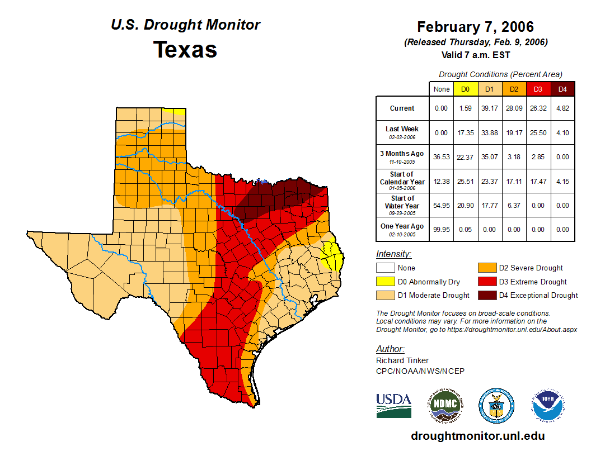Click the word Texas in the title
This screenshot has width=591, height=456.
pyautogui.click(x=185, y=50)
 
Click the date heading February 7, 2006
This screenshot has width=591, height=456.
pyautogui.click(x=475, y=27)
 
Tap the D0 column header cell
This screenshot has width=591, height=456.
pyautogui.click(x=465, y=89)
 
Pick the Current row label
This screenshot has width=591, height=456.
pyautogui.click(x=402, y=108)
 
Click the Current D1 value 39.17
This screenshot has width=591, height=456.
pyautogui.click(x=489, y=108)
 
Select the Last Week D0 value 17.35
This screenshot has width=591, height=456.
pyautogui.click(x=465, y=132)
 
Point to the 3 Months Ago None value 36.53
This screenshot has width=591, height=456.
pyautogui.click(x=441, y=157)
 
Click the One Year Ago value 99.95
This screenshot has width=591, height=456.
pyautogui.click(x=441, y=229)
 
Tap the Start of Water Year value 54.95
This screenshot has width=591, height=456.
pyautogui.click(x=441, y=205)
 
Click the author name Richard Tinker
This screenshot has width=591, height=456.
pyautogui.click(x=402, y=360)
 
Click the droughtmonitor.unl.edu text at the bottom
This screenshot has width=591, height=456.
pyautogui.click(x=477, y=436)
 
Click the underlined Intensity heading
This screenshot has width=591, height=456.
pyautogui.click(x=393, y=254)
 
